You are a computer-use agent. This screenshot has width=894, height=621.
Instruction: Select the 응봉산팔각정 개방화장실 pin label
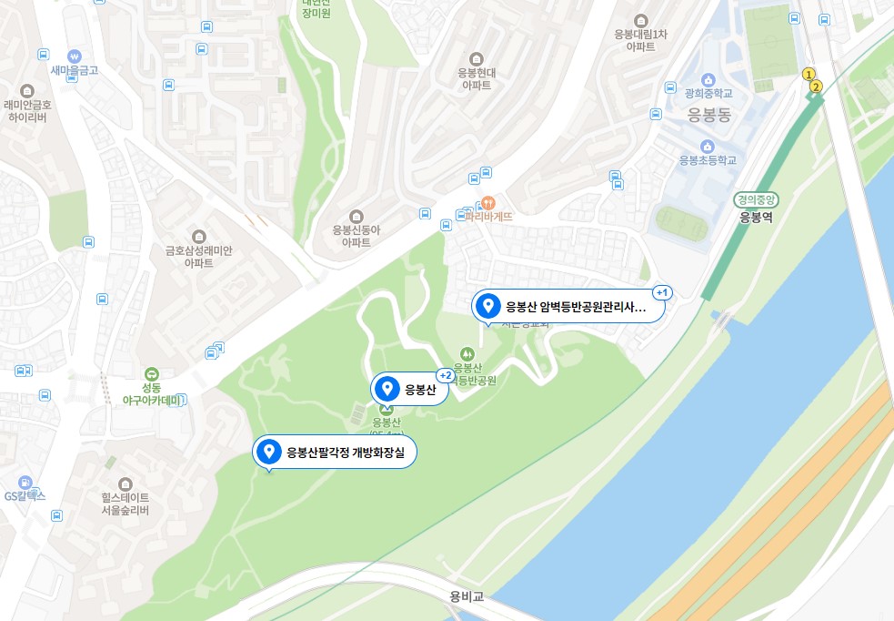334,452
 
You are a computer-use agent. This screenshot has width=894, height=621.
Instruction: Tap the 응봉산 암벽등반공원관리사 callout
568,307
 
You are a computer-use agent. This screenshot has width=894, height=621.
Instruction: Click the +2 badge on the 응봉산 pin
446,375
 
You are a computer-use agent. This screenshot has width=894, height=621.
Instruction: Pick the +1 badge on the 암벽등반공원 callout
661,292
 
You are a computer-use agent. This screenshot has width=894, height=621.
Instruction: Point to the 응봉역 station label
755,217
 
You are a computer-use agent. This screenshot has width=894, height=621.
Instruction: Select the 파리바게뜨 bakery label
489,217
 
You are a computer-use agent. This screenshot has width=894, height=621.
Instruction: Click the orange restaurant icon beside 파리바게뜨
487,201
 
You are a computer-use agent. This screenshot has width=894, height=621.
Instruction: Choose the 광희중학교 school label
708,93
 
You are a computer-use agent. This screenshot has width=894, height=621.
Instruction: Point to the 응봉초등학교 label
707,159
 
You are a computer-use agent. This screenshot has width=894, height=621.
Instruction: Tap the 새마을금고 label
75,69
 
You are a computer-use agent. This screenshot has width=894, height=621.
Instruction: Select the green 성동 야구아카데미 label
151,392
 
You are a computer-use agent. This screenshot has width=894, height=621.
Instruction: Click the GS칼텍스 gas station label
25,496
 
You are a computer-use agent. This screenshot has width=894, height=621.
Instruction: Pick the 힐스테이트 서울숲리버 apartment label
126,504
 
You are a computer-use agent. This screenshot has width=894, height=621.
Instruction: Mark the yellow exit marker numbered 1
808,74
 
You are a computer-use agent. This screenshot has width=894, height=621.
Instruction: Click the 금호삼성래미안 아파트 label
198,256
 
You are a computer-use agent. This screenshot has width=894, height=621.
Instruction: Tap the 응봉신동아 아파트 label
356,236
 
